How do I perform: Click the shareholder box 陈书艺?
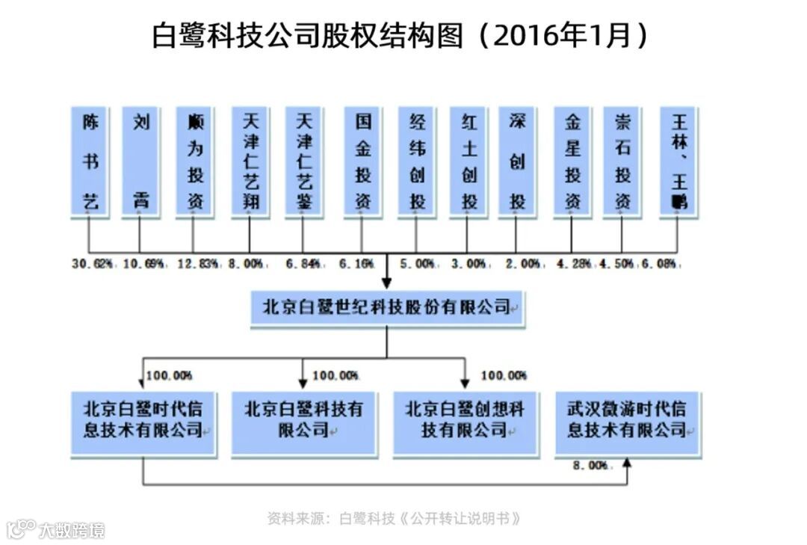tap(90, 161)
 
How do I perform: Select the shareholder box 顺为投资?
tap(194, 161)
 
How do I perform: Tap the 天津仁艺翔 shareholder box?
tap(250, 161)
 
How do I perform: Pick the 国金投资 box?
tap(362, 161)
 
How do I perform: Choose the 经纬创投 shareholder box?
tap(417, 161)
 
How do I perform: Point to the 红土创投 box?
tap(469, 161)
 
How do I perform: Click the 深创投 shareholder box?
tap(517, 161)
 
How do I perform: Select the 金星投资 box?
tap(572, 161)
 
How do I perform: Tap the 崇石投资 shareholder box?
tap(622, 161)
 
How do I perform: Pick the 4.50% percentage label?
tap(616, 264)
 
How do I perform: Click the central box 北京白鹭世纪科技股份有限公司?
tap(387, 308)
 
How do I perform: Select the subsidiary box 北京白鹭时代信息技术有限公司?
tap(143, 422)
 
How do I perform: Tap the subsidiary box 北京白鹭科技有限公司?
tap(303, 422)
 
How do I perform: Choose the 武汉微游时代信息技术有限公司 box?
tap(628, 422)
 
